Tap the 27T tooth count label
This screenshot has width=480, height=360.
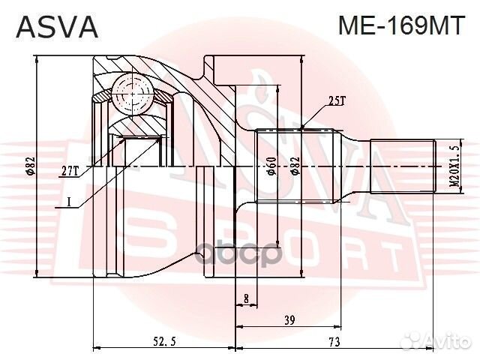70,171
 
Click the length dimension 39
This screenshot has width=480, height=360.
288,319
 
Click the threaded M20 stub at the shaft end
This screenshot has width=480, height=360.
405,166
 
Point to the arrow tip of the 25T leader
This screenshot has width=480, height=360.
301,127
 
